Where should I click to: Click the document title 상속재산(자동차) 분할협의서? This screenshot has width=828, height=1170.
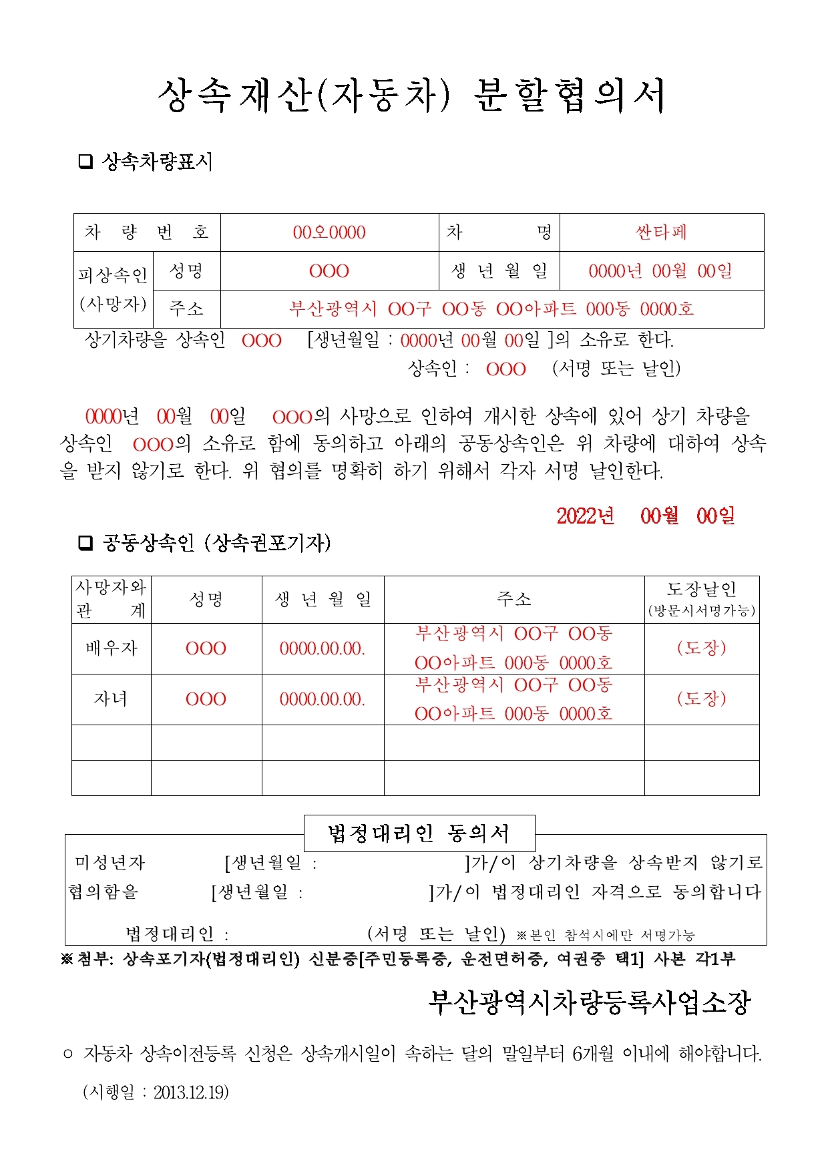[411, 95]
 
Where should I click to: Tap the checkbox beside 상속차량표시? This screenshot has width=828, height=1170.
[85, 162]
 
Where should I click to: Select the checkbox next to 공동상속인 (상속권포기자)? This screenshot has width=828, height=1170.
[85, 543]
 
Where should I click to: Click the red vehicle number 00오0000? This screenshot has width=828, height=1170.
[329, 232]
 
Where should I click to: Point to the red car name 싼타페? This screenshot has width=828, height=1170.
[661, 232]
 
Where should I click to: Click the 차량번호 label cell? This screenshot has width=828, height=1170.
[146, 232]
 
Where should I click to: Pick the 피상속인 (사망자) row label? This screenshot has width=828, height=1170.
[112, 289]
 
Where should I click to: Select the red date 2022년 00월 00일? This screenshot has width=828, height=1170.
[646, 516]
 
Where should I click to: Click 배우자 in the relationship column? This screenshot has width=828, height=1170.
[111, 648]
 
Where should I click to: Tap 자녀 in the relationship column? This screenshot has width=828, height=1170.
[111, 699]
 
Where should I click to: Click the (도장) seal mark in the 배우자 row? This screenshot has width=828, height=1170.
[701, 648]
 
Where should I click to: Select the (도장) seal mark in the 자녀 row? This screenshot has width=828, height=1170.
[701, 699]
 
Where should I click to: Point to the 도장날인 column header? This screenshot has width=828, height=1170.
[701, 598]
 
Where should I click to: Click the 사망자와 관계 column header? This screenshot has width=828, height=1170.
[111, 598]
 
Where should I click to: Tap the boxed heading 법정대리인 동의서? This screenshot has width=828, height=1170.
[419, 833]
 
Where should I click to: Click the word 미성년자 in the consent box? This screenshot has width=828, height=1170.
[110, 863]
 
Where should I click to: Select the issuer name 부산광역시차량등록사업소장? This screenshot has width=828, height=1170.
[590, 1002]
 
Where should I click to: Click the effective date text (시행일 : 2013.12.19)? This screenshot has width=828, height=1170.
[156, 1093]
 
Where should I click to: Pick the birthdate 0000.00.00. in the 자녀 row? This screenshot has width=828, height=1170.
[323, 699]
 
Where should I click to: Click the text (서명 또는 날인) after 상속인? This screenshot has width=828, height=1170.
[616, 369]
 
